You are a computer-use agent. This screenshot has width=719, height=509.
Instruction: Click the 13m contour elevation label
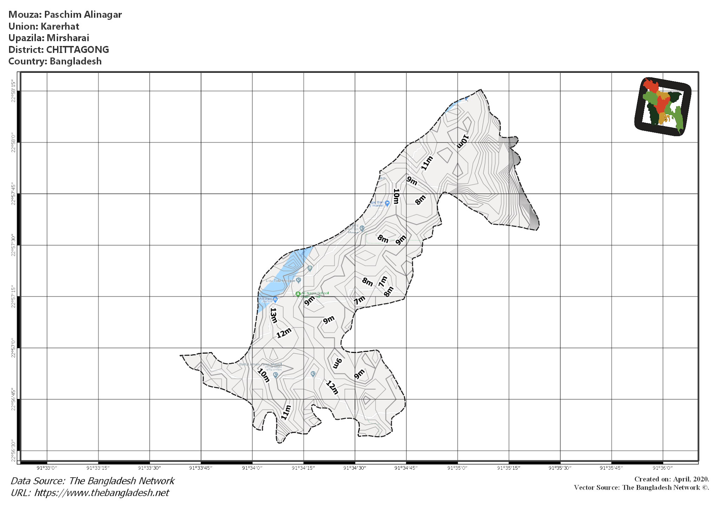point(273,315)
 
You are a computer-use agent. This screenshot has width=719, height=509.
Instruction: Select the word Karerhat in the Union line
point(60,26)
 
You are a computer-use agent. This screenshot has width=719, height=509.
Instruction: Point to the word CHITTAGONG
point(77,50)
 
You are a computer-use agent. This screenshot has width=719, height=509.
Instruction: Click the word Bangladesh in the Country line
point(75,61)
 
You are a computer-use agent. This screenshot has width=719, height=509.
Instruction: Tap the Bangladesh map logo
point(662,106)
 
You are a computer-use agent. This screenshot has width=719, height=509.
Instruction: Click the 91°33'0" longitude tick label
point(47,468)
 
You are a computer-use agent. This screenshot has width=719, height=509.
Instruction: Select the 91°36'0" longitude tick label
point(662,468)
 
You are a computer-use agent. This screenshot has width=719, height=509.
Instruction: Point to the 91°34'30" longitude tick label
point(355,468)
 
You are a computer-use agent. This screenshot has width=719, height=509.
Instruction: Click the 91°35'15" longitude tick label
point(509,468)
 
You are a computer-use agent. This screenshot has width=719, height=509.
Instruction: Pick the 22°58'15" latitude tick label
point(13,91)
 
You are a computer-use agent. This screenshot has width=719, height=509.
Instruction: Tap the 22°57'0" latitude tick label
point(13,348)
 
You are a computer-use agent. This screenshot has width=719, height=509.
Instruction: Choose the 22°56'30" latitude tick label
point(13,451)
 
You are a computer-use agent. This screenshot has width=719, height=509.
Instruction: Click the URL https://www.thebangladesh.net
point(101,493)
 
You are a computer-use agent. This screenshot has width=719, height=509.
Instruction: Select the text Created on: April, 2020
point(671,479)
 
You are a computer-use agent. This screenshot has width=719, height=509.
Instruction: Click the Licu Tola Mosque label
point(280,281)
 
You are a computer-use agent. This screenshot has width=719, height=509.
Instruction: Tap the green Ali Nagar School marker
point(298,294)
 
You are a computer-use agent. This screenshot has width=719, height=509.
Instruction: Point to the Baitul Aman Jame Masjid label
point(260,365)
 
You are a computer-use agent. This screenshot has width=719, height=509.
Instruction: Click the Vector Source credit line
point(641,488)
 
